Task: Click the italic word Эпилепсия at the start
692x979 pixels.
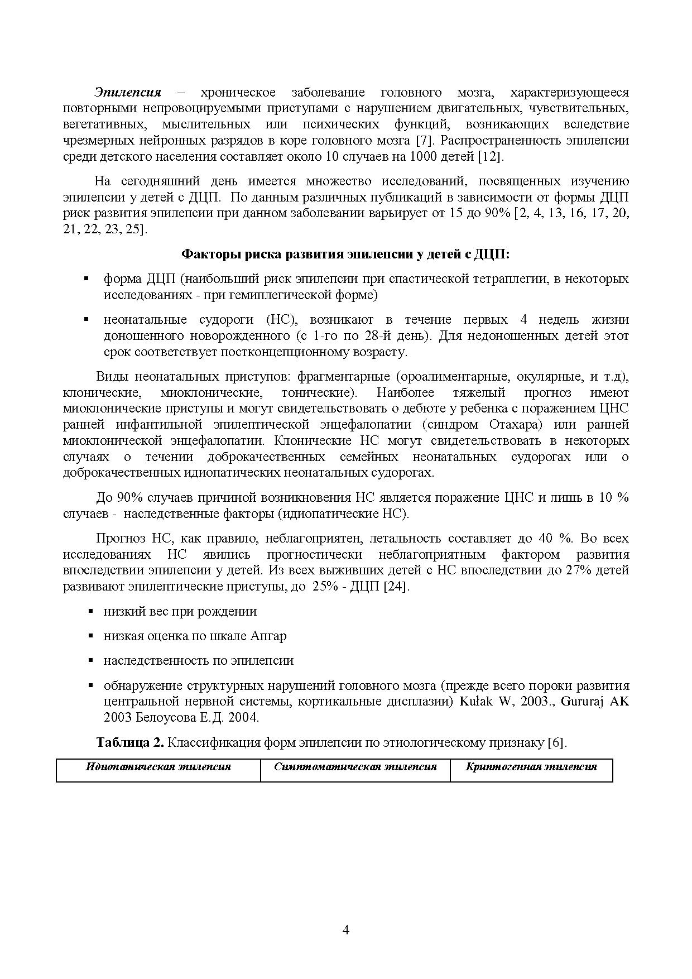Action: [128, 92]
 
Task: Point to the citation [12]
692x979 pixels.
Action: [491, 156]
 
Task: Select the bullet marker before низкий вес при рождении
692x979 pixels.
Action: [91, 612]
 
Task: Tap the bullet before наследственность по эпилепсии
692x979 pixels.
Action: [91, 661]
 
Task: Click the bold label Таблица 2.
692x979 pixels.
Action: [130, 743]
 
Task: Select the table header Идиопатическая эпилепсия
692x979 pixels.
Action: [158, 767]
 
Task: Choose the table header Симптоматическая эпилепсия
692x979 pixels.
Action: [355, 767]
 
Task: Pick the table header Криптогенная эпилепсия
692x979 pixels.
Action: [531, 767]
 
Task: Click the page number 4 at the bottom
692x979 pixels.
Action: [345, 930]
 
